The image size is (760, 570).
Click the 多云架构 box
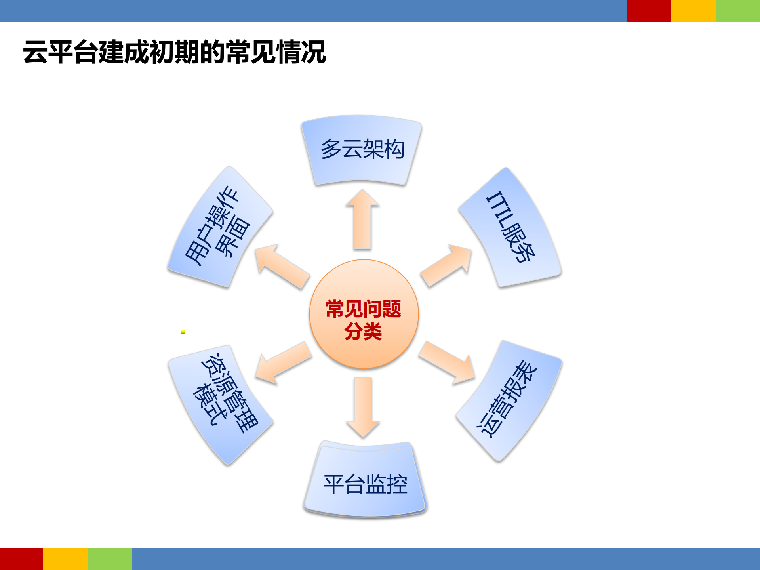click(x=362, y=150)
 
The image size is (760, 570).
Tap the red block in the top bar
click(x=649, y=11)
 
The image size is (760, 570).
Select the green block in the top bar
click(x=737, y=11)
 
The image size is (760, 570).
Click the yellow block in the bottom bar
click(x=65, y=559)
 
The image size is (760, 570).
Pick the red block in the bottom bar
click(x=21, y=559)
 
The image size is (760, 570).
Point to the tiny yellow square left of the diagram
click(x=183, y=332)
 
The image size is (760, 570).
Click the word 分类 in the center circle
click(x=363, y=332)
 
